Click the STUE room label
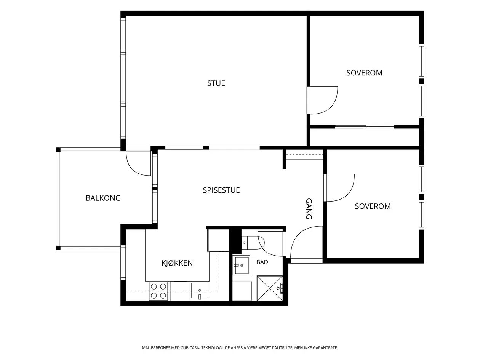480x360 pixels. click(216, 83)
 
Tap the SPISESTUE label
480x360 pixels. click(221, 190)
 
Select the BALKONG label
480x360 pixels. click(103, 198)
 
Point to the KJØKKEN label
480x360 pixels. click(177, 263)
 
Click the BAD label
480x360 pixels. click(262, 262)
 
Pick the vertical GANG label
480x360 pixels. click(309, 208)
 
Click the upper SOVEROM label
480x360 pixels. click(365, 73)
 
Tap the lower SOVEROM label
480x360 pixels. click(373, 206)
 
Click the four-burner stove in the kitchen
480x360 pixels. click(158, 291)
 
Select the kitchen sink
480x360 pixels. click(200, 291)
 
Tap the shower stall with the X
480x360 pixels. click(270, 288)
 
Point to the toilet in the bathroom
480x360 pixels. click(253, 242)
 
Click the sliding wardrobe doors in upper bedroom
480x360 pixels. click(365, 126)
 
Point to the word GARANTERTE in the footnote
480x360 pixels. click(326, 348)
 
